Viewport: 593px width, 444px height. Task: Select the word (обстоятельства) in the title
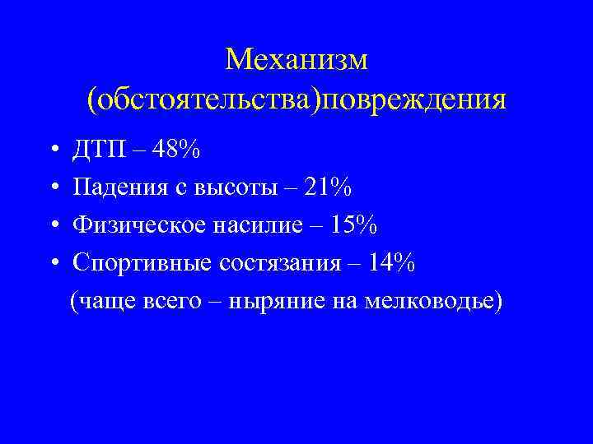(203, 99)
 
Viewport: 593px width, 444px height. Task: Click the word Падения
(116, 188)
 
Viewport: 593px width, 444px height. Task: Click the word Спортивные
(143, 263)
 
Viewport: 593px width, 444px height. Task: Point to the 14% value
(391, 263)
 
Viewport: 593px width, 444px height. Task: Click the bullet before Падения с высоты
(52, 189)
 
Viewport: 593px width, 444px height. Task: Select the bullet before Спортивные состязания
(52, 264)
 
